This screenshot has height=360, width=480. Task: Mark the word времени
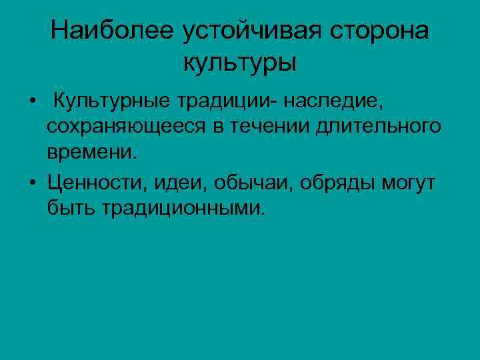(91, 152)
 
